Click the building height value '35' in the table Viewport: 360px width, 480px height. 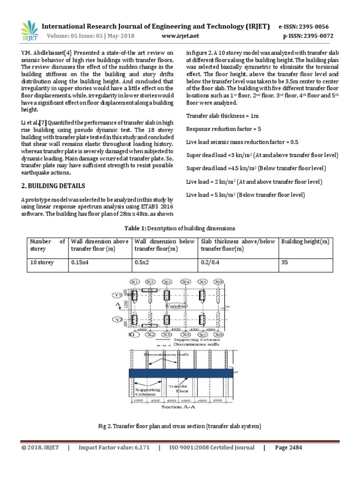284,262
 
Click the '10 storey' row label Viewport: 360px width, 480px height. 42,262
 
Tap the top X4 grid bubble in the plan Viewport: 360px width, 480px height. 186,282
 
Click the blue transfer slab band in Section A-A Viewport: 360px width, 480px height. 180,373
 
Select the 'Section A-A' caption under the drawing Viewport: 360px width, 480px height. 180,407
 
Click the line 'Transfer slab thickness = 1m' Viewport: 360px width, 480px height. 223,115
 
